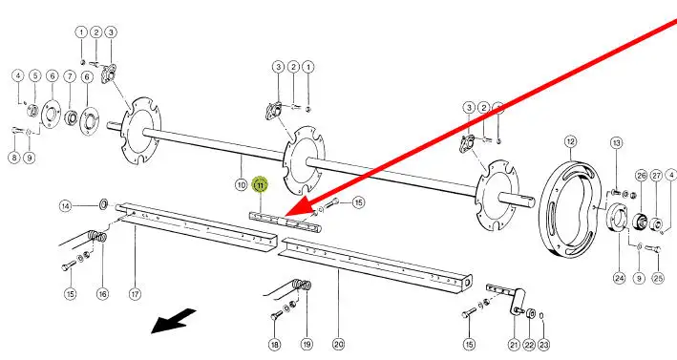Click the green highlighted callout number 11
[x=260, y=185]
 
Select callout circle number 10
[x=242, y=185]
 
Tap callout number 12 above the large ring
[x=570, y=141]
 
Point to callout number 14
[x=65, y=206]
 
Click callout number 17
[x=136, y=294]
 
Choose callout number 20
[x=338, y=345]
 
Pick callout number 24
[x=620, y=278]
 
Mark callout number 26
[x=642, y=176]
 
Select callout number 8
[x=14, y=158]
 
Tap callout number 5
[x=35, y=76]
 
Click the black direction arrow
[x=174, y=320]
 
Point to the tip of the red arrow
[x=285, y=216]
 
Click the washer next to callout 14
[x=104, y=203]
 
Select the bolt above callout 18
[x=276, y=316]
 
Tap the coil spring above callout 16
[x=98, y=237]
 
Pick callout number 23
[x=543, y=345]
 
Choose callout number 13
[x=617, y=143]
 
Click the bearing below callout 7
[x=71, y=117]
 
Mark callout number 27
[x=656, y=176]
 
